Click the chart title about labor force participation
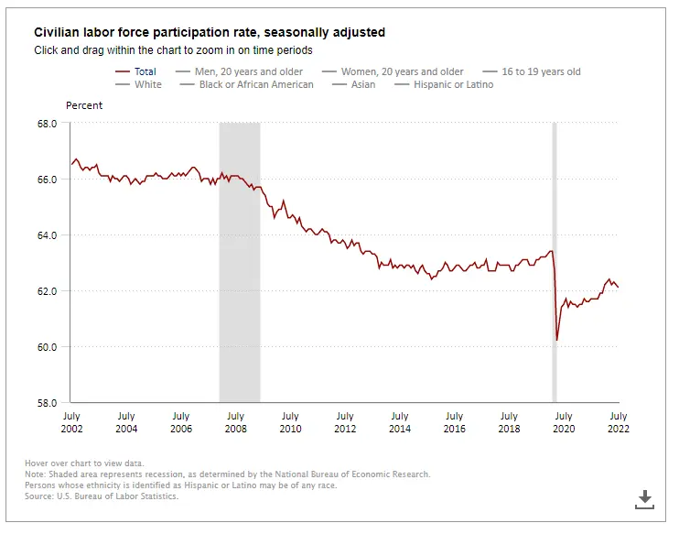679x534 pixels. pyautogui.click(x=210, y=32)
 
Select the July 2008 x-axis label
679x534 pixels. pyautogui.click(x=235, y=422)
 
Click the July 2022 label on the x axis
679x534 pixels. pyautogui.click(x=619, y=422)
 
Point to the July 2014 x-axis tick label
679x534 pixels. pyautogui.click(x=399, y=422)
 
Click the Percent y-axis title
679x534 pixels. pyautogui.click(x=84, y=105)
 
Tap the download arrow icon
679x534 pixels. pyautogui.click(x=645, y=499)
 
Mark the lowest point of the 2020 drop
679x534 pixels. pyautogui.click(x=557, y=340)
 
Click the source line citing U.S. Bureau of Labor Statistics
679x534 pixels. pyautogui.click(x=102, y=496)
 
